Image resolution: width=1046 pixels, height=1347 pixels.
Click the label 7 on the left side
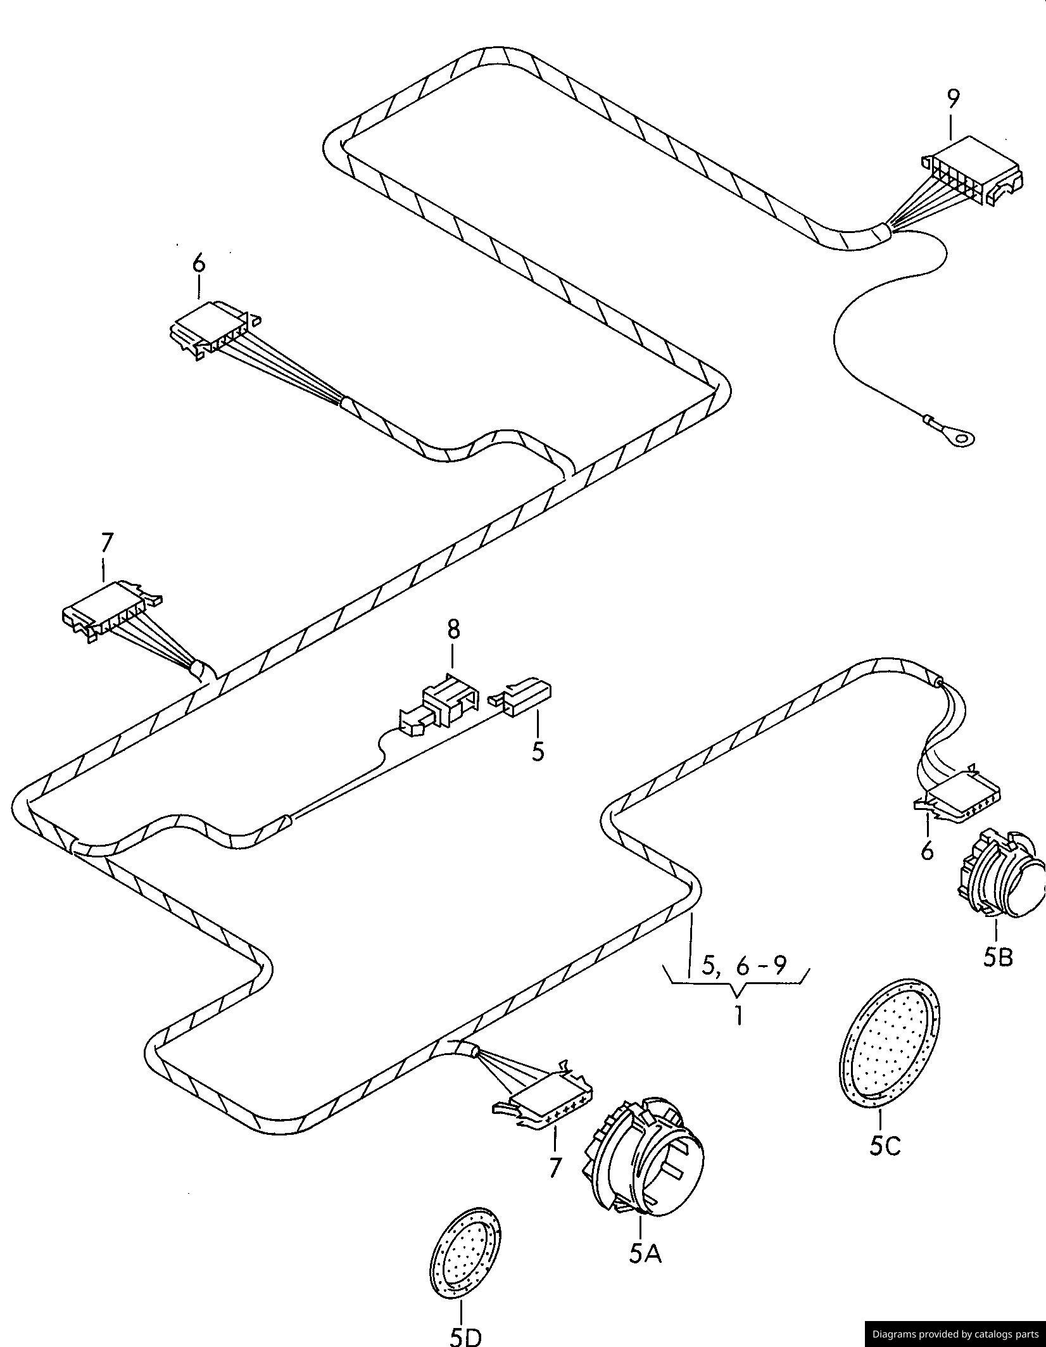click(106, 543)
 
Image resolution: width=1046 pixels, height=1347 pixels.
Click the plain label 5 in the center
click(538, 751)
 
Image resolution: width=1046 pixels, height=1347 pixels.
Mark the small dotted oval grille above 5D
click(465, 1255)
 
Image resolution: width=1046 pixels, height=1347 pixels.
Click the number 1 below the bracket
click(738, 1016)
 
